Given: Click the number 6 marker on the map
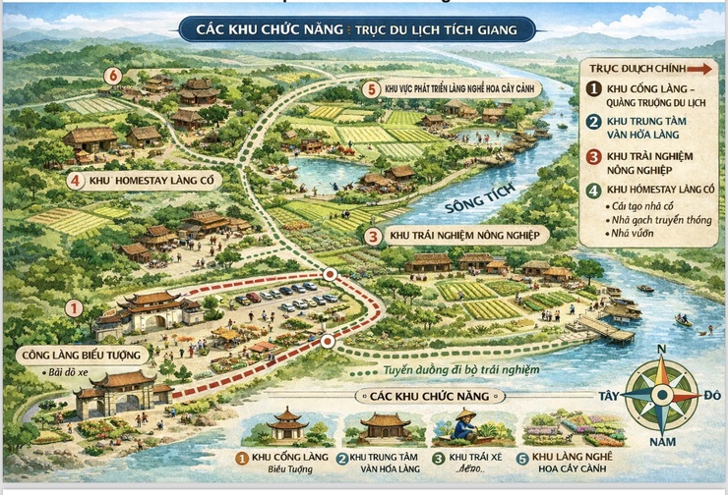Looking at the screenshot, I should [x=113, y=76].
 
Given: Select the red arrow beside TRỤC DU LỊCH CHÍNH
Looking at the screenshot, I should [x=699, y=69].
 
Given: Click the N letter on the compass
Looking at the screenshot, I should [x=661, y=350].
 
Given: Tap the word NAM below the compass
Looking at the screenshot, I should [x=662, y=443].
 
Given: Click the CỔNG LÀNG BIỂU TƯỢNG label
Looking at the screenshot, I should [x=81, y=354].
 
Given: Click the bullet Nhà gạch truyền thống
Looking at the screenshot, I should [x=660, y=219].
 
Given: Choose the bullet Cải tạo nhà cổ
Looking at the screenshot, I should [x=646, y=204].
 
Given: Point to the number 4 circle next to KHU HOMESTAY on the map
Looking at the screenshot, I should [x=76, y=180].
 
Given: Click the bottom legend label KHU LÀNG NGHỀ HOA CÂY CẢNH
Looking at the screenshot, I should [x=576, y=463].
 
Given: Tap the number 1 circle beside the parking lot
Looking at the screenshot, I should [x=73, y=307].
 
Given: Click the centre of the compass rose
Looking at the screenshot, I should [x=661, y=396].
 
